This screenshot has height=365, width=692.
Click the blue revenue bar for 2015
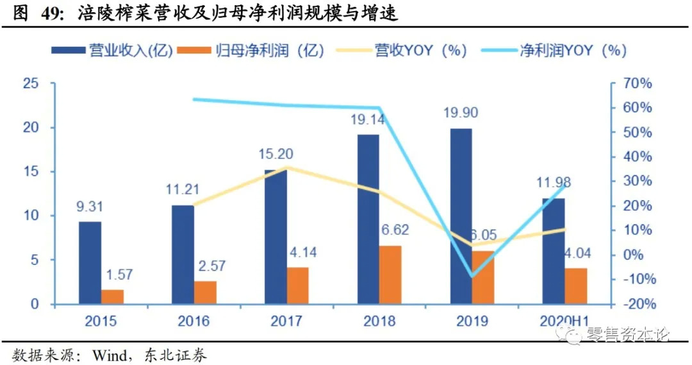(x=90, y=262)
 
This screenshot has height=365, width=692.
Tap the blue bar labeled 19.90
(x=461, y=216)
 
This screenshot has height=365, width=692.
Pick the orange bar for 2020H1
(x=576, y=285)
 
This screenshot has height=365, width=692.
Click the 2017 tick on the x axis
(x=286, y=320)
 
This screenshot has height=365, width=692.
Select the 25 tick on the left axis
(x=30, y=83)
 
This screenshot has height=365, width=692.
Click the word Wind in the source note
(x=111, y=354)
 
